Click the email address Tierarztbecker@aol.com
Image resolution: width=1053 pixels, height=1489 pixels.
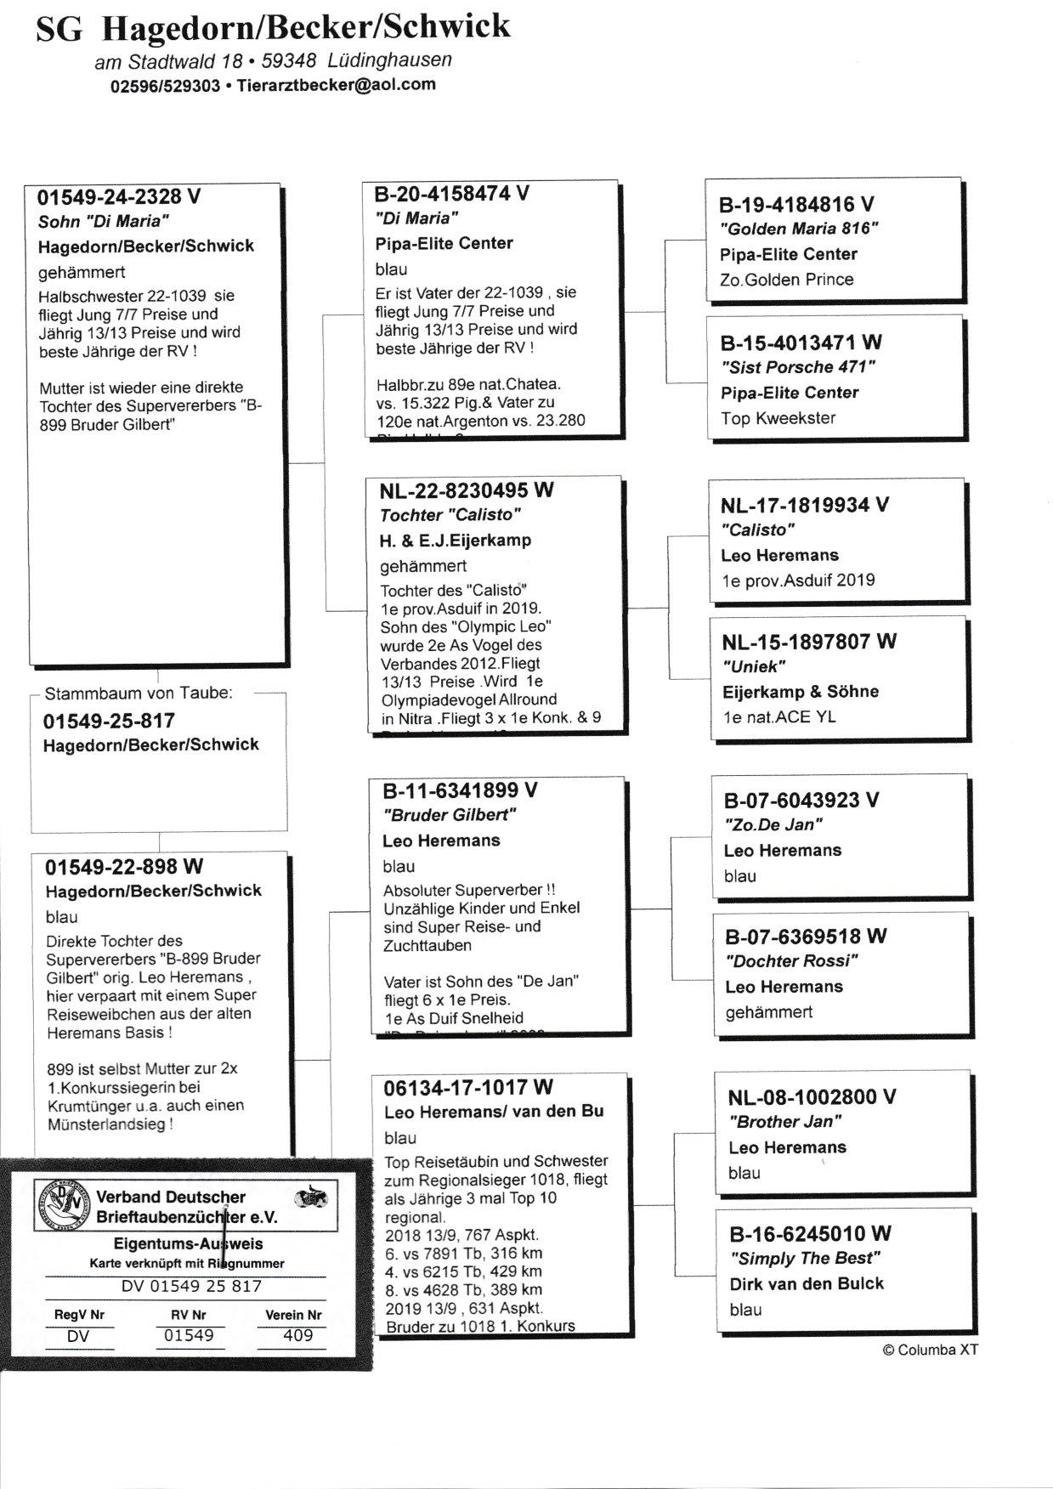coord(336,85)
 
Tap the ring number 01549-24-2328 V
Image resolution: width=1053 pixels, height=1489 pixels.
coord(119,197)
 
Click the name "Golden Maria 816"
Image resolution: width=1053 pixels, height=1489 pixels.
coord(798,229)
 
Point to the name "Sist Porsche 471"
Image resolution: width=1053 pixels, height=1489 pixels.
coord(797,367)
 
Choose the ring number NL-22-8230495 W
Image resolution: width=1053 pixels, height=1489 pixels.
coord(467,490)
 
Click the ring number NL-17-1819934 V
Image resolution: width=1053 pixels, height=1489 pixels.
coord(804,506)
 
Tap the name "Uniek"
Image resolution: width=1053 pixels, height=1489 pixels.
coord(754,666)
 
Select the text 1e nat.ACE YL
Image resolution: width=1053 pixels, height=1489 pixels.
coord(779,716)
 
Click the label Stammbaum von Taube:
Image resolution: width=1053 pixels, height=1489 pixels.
coord(139,693)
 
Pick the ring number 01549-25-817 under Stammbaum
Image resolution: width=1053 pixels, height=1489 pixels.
coord(109,721)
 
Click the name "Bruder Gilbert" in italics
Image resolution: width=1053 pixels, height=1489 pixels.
coord(450,815)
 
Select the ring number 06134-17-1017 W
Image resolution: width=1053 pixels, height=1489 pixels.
coord(468,1087)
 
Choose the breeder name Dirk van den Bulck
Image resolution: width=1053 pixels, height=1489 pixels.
coord(807,1284)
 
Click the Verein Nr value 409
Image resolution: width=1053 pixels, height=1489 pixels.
coord(297,1335)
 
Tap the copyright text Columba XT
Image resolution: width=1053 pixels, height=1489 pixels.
coord(931,1350)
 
